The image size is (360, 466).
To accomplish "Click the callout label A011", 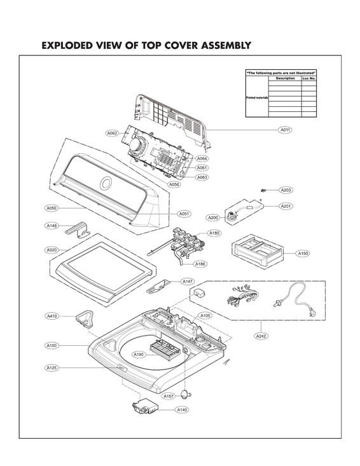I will pyautogui.click(x=285, y=130).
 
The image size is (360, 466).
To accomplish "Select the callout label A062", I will pyautogui.click(x=112, y=133).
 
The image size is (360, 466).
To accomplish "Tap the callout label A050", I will pyautogui.click(x=52, y=208).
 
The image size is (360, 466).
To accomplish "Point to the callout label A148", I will pyautogui.click(x=52, y=225).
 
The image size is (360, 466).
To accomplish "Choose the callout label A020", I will pyautogui.click(x=52, y=250).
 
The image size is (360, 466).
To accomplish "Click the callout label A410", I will pyautogui.click(x=52, y=316).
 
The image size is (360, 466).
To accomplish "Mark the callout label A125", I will pyautogui.click(x=52, y=367).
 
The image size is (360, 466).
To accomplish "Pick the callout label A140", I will pyautogui.click(x=183, y=411).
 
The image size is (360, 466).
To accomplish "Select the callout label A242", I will pyautogui.click(x=261, y=335).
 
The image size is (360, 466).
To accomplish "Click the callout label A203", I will pyautogui.click(x=286, y=190).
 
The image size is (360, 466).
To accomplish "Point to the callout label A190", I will pyautogui.click(x=139, y=354).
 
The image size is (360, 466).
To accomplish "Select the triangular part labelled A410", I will pyautogui.click(x=84, y=316).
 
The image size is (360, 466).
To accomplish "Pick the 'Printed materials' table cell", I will pyautogui.click(x=257, y=99).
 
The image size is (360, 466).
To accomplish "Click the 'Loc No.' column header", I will pyautogui.click(x=308, y=79).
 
